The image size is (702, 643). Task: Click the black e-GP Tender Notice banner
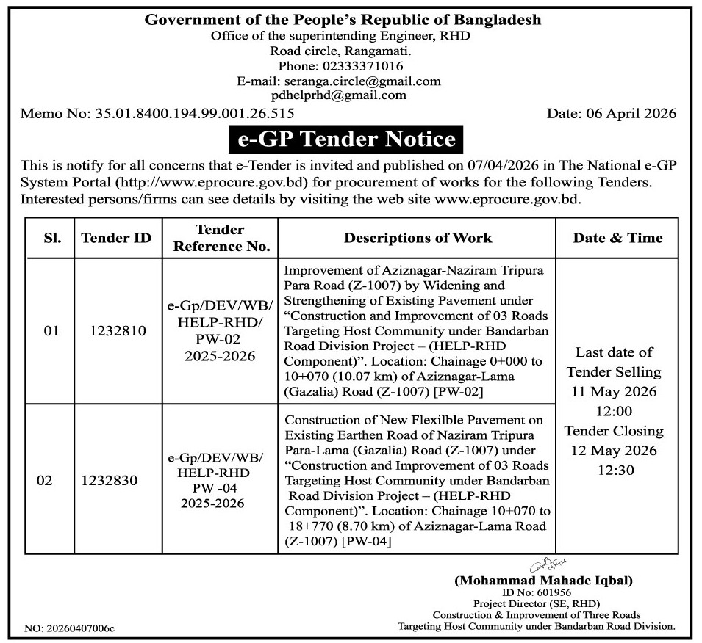tap(348, 139)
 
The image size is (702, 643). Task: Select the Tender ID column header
tap(116, 238)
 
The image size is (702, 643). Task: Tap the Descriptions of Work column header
tap(418, 238)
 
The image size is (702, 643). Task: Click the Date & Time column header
tap(617, 238)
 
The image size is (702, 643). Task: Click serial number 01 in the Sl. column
tap(51, 331)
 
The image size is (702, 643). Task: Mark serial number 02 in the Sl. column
tap(45, 481)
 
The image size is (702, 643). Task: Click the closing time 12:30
tap(616, 471)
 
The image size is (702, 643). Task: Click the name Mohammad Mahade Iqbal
tap(543, 581)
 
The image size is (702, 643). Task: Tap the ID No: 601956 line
tap(537, 592)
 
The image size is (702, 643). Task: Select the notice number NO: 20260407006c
tap(70, 629)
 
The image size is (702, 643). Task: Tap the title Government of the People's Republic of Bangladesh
tap(343, 20)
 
